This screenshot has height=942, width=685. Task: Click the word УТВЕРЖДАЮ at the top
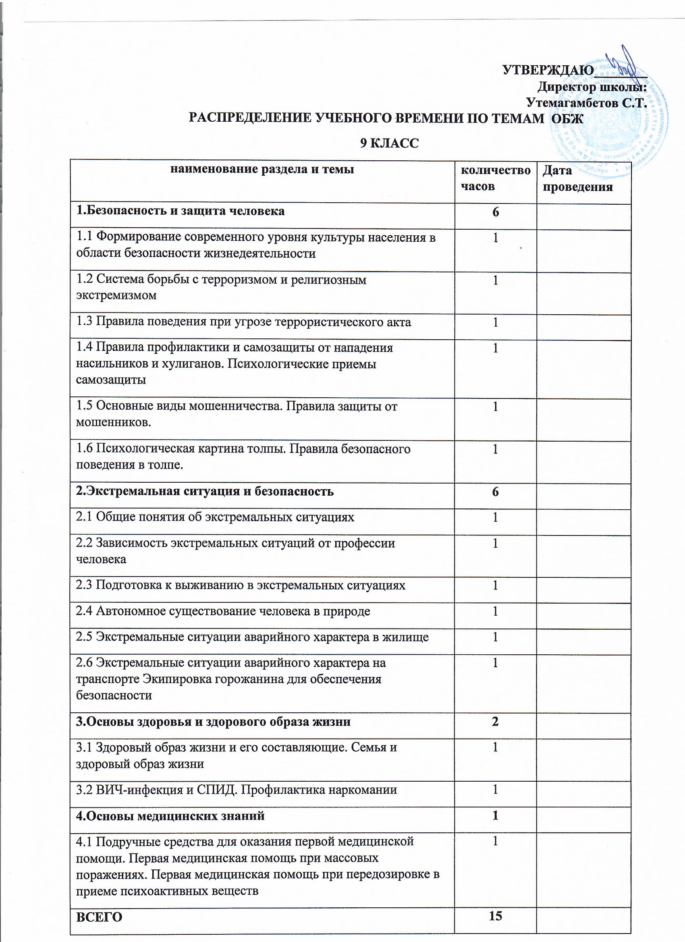coord(548,70)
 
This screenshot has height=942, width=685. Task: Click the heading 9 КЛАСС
coord(389,143)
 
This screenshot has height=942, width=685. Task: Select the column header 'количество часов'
coord(496,178)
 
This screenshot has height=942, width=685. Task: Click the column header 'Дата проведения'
coord(577,178)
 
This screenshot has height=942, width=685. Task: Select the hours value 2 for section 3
coord(495,722)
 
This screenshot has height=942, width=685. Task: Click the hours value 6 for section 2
coord(495,492)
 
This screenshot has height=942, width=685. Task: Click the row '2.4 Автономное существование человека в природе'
coord(223,611)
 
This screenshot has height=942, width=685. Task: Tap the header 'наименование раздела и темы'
coord(263,170)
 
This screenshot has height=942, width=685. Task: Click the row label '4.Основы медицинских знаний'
coord(170,816)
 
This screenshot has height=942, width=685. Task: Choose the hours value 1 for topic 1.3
coord(495,322)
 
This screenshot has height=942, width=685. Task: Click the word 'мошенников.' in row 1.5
coord(113,422)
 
